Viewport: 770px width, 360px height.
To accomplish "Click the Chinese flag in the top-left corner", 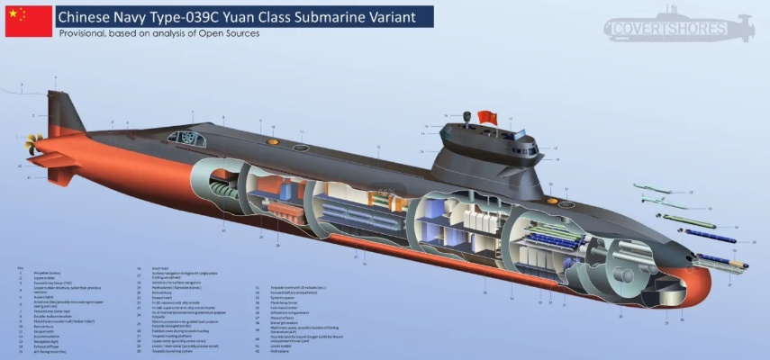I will (x=28, y=20).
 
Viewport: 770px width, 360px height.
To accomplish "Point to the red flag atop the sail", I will (x=488, y=118).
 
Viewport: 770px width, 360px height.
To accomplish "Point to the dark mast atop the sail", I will (x=466, y=117).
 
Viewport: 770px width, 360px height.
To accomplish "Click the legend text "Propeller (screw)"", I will (x=43, y=272).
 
